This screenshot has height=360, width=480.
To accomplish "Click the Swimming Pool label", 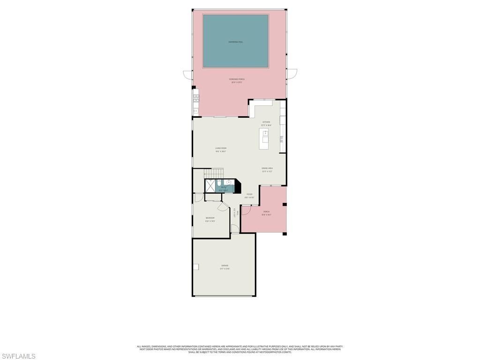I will (235, 42).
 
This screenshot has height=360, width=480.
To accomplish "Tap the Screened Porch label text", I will (237, 79).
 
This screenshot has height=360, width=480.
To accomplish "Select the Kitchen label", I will (266, 122).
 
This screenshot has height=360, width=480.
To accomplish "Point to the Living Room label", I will (221, 148).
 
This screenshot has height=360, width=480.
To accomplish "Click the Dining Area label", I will (267, 168).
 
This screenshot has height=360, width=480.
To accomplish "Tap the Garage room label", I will (225, 265).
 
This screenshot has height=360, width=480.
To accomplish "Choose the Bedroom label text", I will (210, 218).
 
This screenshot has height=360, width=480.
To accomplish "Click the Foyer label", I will (249, 194).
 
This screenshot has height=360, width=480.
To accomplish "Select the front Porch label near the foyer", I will (266, 212).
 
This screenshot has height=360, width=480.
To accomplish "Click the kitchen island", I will (265, 139).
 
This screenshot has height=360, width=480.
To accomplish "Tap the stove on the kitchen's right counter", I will (282, 139).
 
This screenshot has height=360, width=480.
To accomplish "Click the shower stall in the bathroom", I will (210, 186).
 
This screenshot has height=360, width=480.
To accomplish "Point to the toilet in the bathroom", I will (219, 184).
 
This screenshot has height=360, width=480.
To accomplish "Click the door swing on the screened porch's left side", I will (188, 75).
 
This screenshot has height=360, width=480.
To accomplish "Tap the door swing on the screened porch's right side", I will (292, 74).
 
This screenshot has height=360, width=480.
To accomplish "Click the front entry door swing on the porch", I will (246, 210).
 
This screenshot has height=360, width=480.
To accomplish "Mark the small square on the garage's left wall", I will (196, 267).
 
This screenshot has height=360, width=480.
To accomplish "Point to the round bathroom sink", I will (229, 182).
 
